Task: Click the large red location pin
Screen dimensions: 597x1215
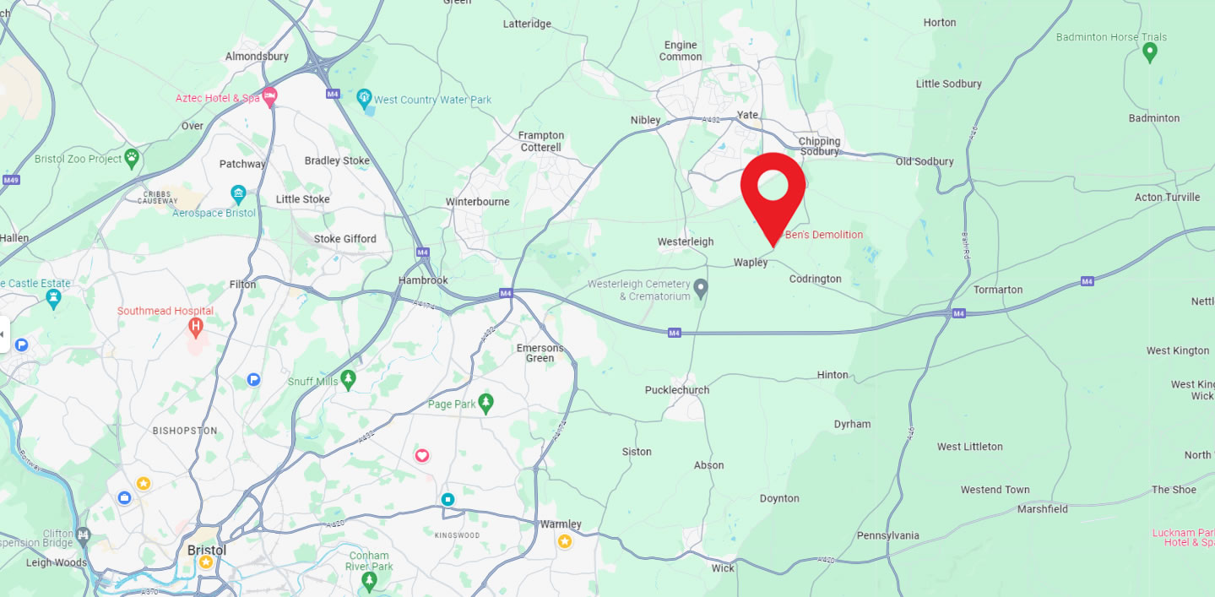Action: (x=773, y=188)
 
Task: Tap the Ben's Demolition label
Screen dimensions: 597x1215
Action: (x=824, y=235)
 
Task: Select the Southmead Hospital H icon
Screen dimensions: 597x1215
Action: (x=197, y=325)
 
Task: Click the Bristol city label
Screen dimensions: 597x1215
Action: (x=207, y=550)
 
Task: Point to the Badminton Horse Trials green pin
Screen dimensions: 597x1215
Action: (x=1149, y=52)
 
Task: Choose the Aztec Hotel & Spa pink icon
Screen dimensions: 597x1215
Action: (x=269, y=97)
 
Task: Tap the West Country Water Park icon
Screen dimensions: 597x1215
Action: (x=364, y=99)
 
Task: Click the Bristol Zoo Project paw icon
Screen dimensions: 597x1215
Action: (x=132, y=156)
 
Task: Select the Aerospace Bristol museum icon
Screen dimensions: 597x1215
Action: (x=238, y=193)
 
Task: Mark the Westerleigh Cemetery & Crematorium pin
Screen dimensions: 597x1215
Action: (x=700, y=290)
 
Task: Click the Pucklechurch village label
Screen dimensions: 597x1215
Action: (x=677, y=390)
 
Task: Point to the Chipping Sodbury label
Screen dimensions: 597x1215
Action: (x=819, y=146)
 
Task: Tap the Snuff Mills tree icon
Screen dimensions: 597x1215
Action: (x=348, y=381)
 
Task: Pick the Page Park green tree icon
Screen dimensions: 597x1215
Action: (x=485, y=404)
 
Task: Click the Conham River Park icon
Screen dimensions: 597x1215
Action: (x=369, y=581)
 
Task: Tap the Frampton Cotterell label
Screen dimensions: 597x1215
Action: (x=541, y=141)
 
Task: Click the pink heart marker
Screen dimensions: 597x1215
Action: (x=422, y=456)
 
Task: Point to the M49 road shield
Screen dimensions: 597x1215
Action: (x=11, y=180)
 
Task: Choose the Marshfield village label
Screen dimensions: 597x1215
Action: (x=1042, y=509)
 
